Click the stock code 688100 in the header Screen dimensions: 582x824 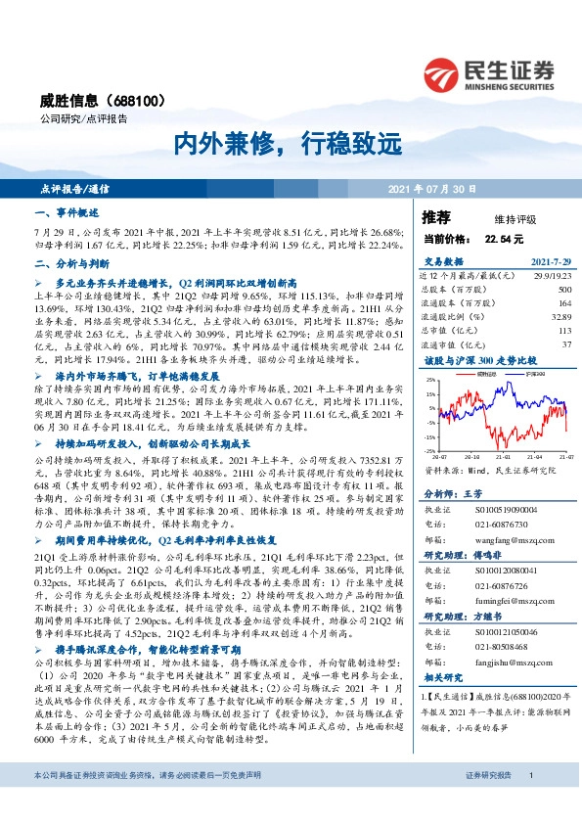[142, 100]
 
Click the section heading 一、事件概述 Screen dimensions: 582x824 [67, 211]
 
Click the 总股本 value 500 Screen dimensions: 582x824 [564, 291]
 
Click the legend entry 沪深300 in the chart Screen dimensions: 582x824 [534, 374]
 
